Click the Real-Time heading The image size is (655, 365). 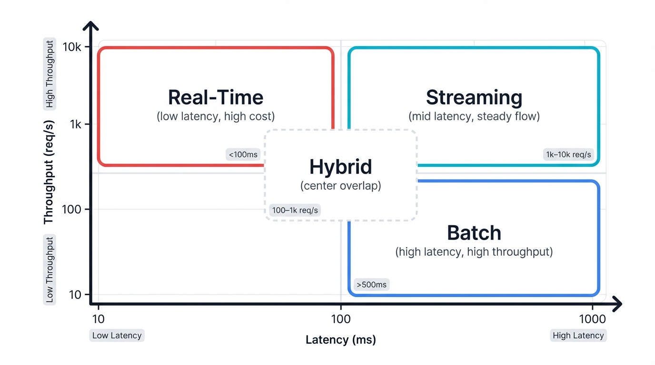(x=216, y=97)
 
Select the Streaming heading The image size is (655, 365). (x=474, y=97)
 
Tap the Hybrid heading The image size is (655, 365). (x=340, y=167)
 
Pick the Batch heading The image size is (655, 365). (x=474, y=233)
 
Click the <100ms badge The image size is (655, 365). (x=243, y=154)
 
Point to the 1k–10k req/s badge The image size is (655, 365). (x=568, y=154)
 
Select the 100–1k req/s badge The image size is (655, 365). (x=295, y=210)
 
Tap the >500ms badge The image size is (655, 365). (x=371, y=285)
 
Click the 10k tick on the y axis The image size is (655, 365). (x=72, y=47)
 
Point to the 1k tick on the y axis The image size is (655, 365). (x=76, y=125)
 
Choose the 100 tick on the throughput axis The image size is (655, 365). (x=72, y=209)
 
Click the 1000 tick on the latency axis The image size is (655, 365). (x=592, y=319)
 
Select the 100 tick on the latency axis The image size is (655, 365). (x=341, y=319)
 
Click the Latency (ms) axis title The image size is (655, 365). (x=341, y=340)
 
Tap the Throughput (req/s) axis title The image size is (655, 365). (x=49, y=172)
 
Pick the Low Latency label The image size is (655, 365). (x=117, y=336)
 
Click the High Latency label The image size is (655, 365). (x=578, y=336)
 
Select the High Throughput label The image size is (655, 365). (x=50, y=74)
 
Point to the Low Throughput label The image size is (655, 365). (x=50, y=269)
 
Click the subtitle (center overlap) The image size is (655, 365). (x=340, y=185)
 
